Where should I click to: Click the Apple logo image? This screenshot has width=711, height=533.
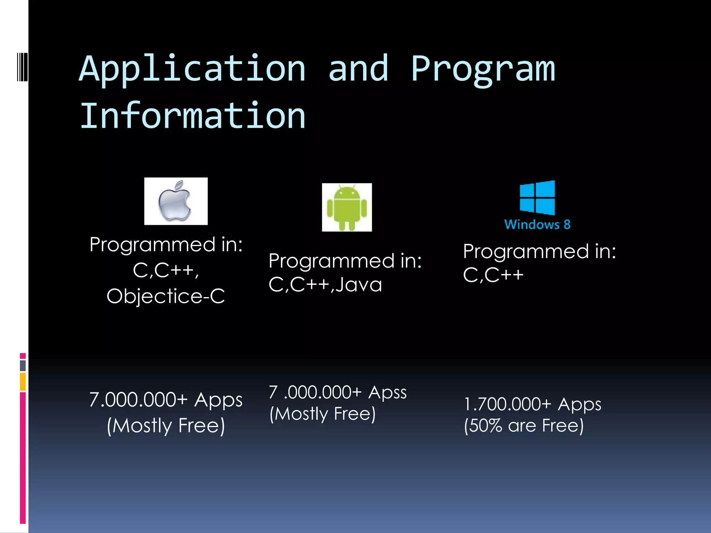176,201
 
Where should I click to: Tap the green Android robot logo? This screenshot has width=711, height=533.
347,208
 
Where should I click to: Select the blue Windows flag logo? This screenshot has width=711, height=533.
537,197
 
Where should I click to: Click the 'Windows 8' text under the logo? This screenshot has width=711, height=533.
537,225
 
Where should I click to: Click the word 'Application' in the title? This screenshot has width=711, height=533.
192,69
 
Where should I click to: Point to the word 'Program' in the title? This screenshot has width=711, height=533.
483,69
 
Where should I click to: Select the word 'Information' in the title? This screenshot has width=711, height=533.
192,116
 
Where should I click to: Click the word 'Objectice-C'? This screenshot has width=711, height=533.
166,296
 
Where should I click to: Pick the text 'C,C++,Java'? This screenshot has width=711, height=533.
325,285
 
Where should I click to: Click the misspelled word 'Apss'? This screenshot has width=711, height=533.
387,392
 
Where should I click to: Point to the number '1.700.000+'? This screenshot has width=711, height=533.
508,404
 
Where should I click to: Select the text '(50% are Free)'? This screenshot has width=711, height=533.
524,425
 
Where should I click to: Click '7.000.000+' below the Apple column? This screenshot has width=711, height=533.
138,400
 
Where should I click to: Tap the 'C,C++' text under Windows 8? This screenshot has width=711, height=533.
493,275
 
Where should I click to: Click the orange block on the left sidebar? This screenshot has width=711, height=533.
23,382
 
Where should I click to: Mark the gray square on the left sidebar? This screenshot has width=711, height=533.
23,366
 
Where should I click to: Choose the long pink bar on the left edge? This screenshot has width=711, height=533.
23,458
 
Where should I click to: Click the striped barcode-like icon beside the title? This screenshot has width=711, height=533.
22,67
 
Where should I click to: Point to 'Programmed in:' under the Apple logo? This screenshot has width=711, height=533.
166,245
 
